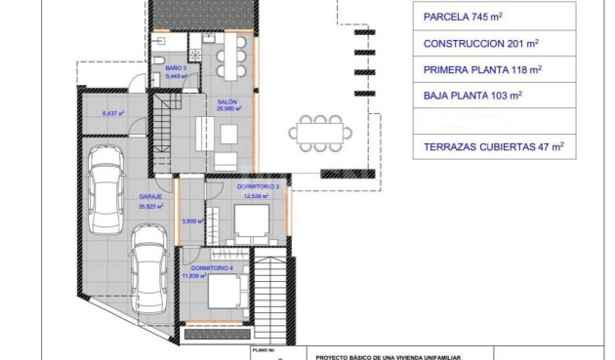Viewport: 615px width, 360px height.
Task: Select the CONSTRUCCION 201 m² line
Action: pos(480,44)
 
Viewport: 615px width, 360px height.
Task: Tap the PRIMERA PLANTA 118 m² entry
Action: pos(482,70)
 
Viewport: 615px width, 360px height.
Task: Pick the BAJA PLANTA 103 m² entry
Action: pos(473,96)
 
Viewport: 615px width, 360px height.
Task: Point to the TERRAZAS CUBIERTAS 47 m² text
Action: pos(493,148)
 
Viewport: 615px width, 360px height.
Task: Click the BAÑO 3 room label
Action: pos(176,68)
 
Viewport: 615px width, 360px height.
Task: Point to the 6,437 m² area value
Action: pos(114,113)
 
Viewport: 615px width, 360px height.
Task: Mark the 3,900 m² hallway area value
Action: pos(192,220)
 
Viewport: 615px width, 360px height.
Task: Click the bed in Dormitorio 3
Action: pos(254,226)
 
